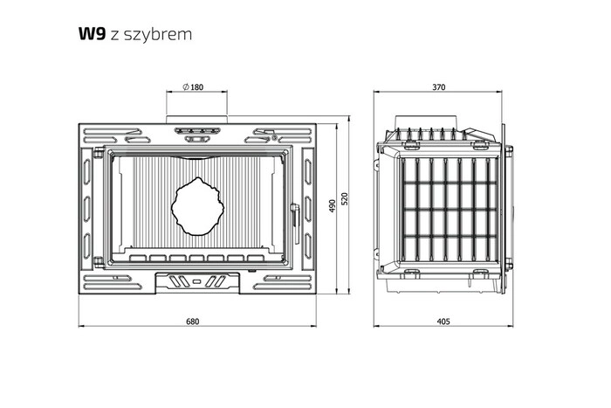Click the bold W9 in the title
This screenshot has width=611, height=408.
point(92,34)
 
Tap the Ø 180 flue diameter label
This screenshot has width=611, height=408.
point(193,87)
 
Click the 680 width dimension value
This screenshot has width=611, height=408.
point(193,322)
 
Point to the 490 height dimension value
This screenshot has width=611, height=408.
point(332,205)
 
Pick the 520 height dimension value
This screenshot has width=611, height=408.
point(345,199)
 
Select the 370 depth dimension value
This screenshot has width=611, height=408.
point(438,87)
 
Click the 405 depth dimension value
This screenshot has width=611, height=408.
point(443,322)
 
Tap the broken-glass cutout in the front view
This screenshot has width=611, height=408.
point(198,207)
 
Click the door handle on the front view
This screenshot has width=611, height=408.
point(296,224)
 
